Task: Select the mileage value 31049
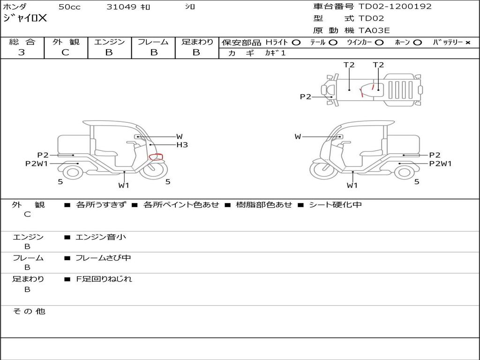click(x=121, y=7)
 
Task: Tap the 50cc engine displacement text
click(x=69, y=7)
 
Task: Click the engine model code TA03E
click(x=374, y=30)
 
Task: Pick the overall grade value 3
click(x=22, y=52)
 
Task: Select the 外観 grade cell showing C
click(x=65, y=52)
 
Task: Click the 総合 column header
click(x=22, y=42)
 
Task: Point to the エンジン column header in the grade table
click(x=109, y=42)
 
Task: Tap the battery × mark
click(x=467, y=43)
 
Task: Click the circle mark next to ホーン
click(x=418, y=43)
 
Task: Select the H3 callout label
click(x=182, y=145)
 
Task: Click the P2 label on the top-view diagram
click(x=306, y=97)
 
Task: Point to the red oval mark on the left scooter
click(x=156, y=157)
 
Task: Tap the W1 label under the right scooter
click(x=352, y=185)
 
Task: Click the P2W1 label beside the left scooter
click(x=37, y=164)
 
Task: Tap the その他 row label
click(x=29, y=311)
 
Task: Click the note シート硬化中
click(x=335, y=205)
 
